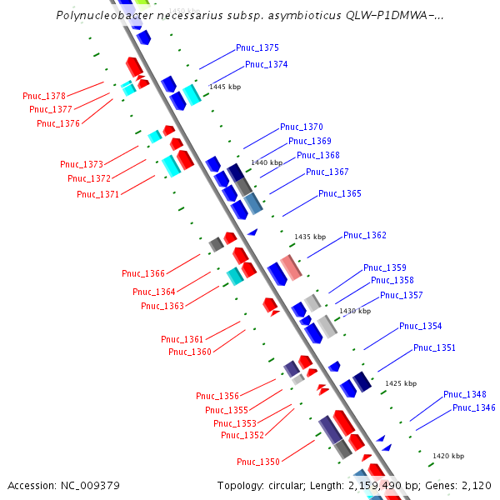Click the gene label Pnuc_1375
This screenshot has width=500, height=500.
(257, 48)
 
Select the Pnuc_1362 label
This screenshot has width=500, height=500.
(365, 236)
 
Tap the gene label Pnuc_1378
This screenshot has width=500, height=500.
(44, 97)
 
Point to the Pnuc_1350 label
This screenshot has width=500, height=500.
(258, 462)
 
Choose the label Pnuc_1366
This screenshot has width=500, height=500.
(143, 273)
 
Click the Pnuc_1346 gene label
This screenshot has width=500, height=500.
(474, 408)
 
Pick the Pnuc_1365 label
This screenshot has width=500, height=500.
(340, 194)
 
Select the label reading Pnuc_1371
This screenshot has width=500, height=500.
(98, 194)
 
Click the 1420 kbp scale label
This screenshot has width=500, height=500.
(448, 457)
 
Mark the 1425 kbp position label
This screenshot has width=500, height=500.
(400, 384)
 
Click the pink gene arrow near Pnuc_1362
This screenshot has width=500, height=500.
(291, 267)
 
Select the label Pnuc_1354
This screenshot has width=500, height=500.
(421, 327)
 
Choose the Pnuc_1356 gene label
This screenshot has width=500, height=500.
(217, 397)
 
